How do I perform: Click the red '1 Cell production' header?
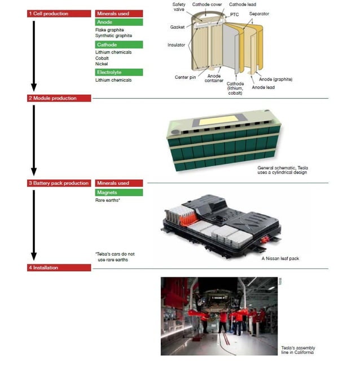pos(59,14)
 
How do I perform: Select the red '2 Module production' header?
pos(59,98)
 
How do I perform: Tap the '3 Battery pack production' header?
pos(59,183)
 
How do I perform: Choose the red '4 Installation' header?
pos(59,268)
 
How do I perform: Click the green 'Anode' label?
pos(118,22)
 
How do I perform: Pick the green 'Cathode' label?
pos(118,45)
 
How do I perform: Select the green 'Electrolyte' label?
pos(118,72)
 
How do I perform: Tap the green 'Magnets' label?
pos(118,193)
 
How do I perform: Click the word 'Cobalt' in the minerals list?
pos(103,58)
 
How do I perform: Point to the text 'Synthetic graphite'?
pos(113,36)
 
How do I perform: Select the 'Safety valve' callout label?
pos(179,7)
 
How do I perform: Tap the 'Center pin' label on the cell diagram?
pos(185,77)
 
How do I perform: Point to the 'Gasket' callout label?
pos(177,27)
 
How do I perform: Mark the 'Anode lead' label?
pos(263,87)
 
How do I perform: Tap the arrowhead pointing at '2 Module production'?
pos(33,87)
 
